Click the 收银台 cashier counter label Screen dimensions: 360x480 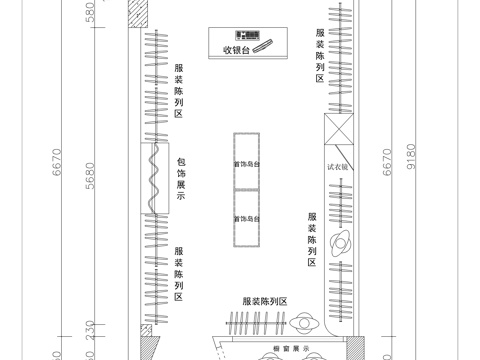coord(236,50)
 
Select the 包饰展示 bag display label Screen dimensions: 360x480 coord(181,179)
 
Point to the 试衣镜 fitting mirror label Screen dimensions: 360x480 coord(336,168)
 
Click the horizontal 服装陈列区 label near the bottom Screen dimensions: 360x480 coord(264,301)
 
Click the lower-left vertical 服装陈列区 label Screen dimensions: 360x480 coord(179,274)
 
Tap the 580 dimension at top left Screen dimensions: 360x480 coord(90,14)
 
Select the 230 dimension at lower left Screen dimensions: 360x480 coord(90,330)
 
